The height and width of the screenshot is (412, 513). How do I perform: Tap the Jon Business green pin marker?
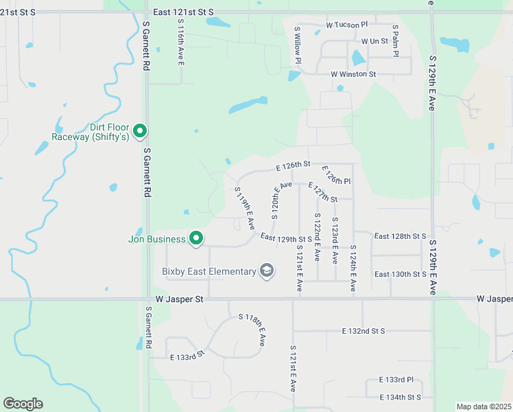point(196,239)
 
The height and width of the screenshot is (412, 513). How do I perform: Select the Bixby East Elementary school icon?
point(267,271)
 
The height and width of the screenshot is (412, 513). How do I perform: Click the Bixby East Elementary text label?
point(209,271)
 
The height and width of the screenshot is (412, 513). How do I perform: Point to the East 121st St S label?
point(184,12)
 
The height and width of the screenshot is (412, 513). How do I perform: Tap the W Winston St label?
point(353,74)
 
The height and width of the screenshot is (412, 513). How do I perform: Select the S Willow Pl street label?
point(298,45)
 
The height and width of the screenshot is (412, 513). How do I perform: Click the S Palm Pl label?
point(396,41)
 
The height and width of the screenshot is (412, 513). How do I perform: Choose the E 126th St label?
point(294,165)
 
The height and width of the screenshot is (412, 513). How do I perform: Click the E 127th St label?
point(323,192)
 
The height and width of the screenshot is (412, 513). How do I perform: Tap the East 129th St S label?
point(287,238)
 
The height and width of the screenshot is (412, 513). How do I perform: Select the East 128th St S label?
point(400,236)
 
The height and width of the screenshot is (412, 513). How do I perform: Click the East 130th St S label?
point(400,274)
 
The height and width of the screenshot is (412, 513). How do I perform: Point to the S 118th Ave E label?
point(252,330)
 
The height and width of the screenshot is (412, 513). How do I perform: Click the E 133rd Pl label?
point(396,380)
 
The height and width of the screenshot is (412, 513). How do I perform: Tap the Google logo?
point(23,404)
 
